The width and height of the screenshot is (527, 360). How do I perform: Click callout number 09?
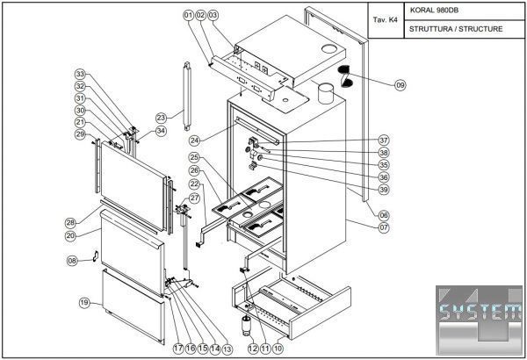[x=400, y=85]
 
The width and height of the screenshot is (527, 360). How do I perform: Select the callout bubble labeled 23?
[x=162, y=118]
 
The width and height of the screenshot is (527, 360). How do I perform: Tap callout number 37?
[x=384, y=140]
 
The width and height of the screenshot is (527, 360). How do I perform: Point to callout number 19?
[x=84, y=303]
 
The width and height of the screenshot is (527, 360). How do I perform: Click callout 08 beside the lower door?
[x=72, y=261]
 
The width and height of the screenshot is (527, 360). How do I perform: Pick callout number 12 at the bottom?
[x=253, y=349]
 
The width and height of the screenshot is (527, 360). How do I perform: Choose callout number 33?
[x=80, y=74]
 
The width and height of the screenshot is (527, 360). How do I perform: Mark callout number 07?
[x=384, y=227]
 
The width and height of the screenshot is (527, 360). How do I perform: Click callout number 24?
[x=195, y=140]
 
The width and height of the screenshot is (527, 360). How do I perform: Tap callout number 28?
[x=70, y=222]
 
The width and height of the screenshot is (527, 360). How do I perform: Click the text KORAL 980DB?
[x=434, y=10]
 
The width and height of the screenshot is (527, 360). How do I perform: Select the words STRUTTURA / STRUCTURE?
[x=456, y=29]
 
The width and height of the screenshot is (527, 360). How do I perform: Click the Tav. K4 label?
[x=386, y=19]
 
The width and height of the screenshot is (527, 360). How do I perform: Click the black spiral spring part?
[x=345, y=76]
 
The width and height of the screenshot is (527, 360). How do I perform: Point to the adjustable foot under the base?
[x=247, y=326]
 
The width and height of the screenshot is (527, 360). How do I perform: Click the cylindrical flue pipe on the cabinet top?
[x=326, y=93]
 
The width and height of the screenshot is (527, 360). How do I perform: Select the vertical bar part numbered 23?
[x=187, y=96]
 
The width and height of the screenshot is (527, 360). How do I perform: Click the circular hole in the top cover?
[x=329, y=49]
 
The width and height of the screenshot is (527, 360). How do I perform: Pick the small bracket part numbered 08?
[x=95, y=256]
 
